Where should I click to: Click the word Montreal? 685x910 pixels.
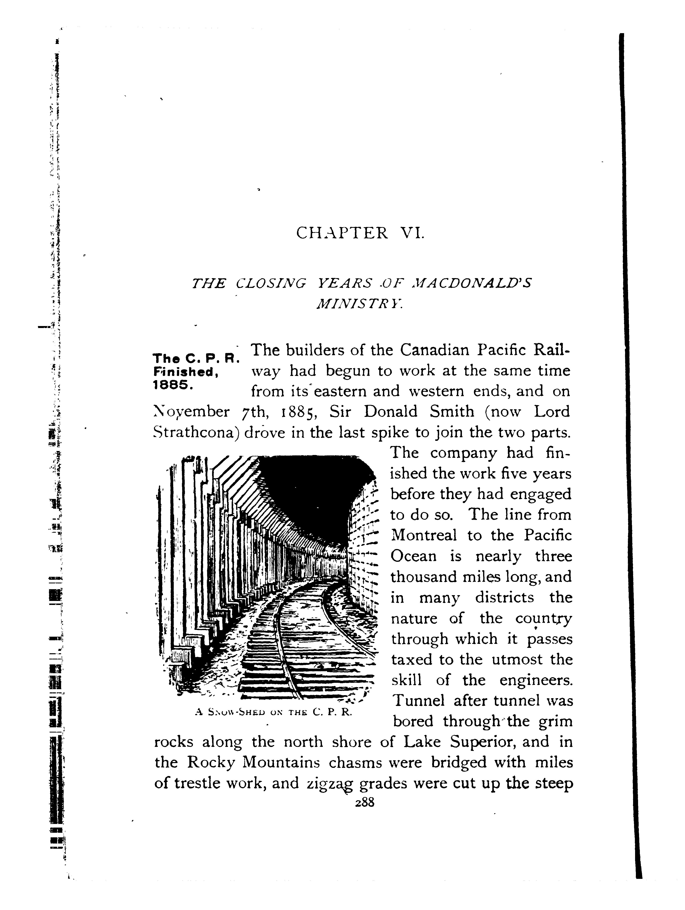tap(424, 535)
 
